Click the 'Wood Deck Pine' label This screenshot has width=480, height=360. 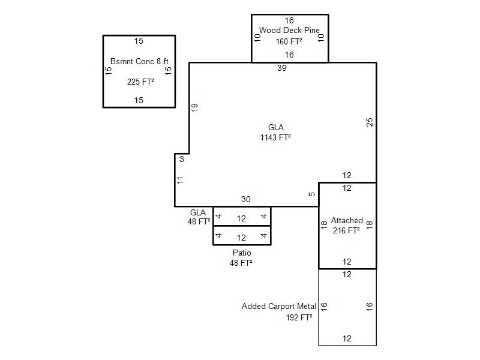[289, 30]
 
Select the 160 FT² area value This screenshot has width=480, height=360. [289, 41]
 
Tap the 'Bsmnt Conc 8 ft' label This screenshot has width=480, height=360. [139, 61]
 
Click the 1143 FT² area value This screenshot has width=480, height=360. [275, 137]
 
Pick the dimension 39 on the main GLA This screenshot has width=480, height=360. [282, 68]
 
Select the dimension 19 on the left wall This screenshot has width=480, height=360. [194, 107]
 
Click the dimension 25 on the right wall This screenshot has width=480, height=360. [370, 122]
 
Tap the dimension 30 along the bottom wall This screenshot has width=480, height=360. [246, 200]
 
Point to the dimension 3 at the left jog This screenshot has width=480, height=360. [182, 159]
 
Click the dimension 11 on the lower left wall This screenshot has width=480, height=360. [180, 179]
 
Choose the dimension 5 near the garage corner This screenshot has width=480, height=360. [311, 194]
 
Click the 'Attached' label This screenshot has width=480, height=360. [347, 221]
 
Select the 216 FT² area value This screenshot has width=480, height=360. [347, 230]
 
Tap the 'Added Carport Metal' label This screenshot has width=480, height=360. [279, 307]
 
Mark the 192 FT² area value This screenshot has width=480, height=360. [299, 317]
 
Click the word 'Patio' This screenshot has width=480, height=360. [242, 253]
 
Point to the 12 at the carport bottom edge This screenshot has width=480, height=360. [347, 339]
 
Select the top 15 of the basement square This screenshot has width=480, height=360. [139, 41]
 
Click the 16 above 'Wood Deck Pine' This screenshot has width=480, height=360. [289, 20]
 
